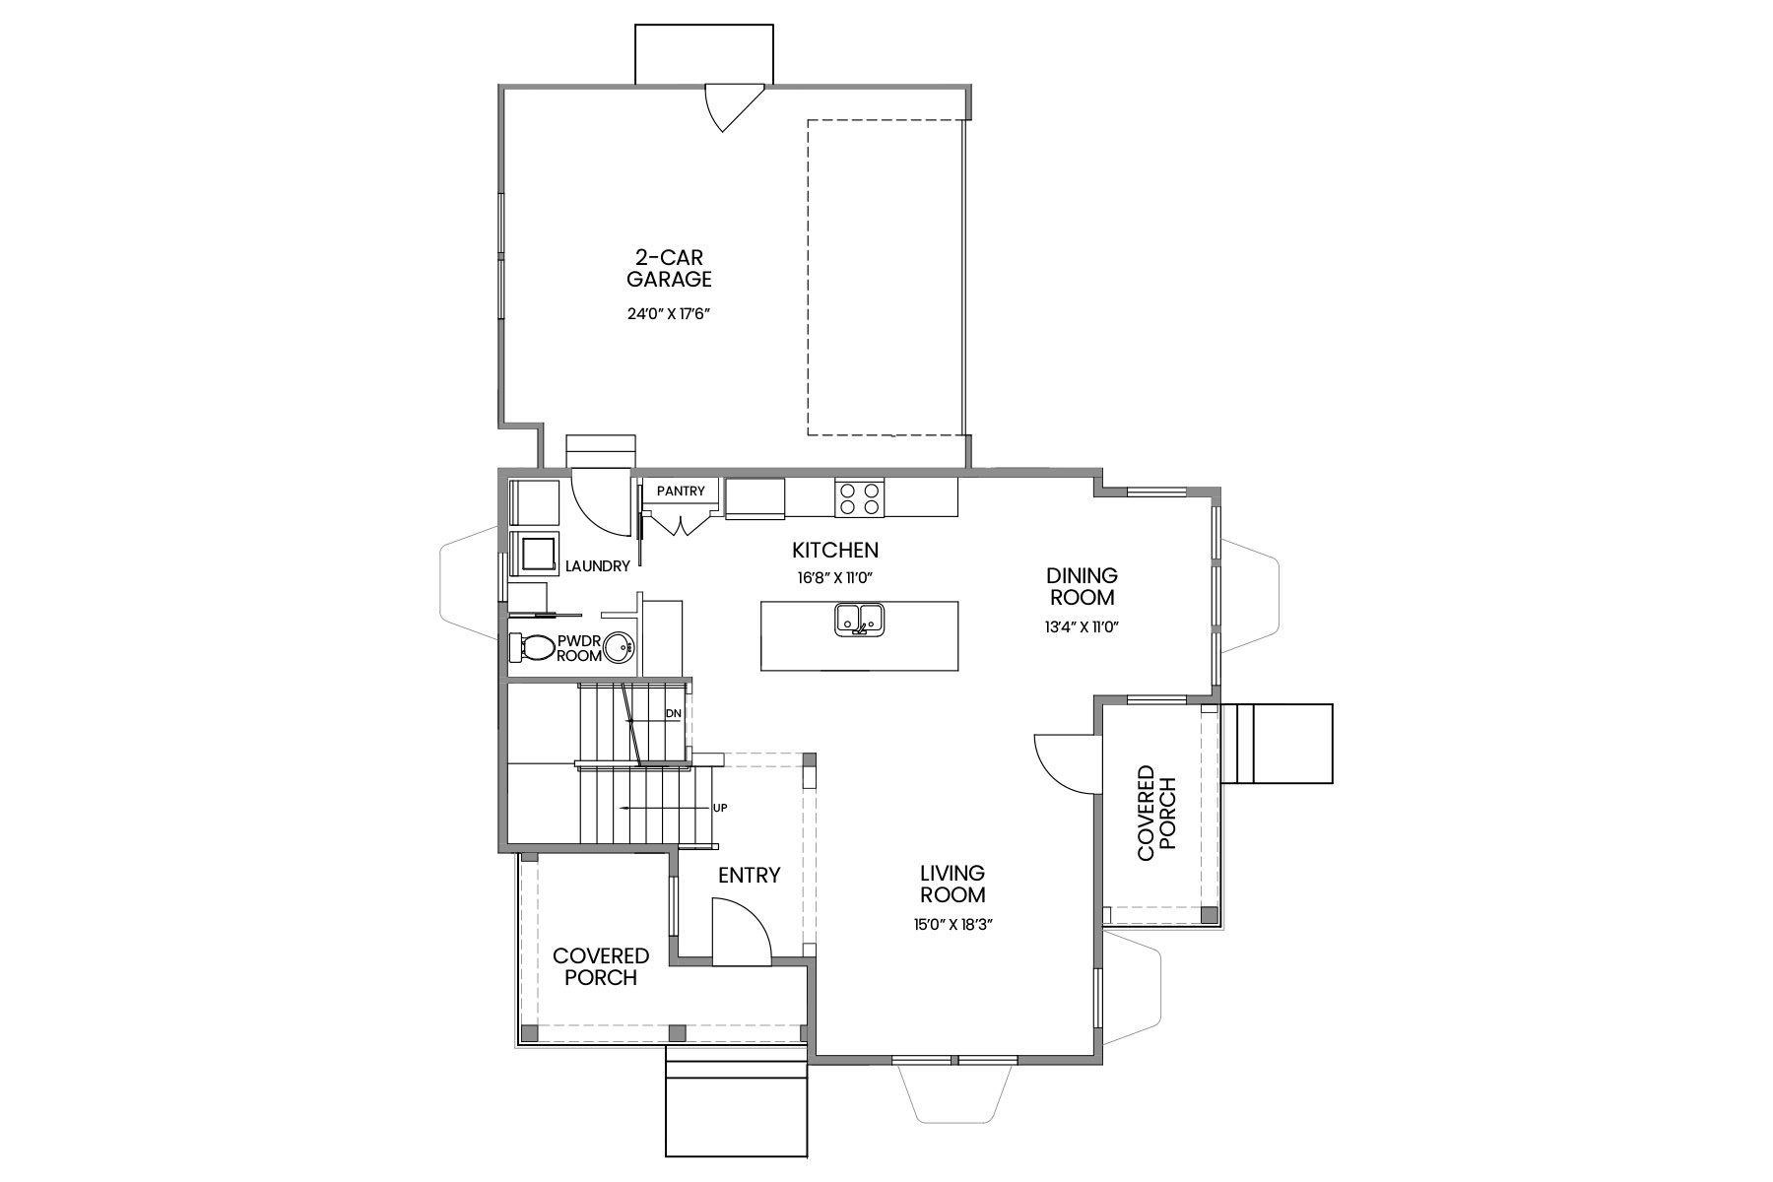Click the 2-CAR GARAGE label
670,268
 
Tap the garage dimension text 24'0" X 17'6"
670,315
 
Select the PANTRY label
681,491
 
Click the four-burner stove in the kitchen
859,498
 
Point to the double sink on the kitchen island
860,621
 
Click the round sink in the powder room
619,647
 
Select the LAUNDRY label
597,566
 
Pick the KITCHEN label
835,550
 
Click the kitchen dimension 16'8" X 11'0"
835,577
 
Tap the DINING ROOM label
1082,586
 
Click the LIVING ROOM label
952,884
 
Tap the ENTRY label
749,875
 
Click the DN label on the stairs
674,713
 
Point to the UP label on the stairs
720,808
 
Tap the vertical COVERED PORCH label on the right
1157,814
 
